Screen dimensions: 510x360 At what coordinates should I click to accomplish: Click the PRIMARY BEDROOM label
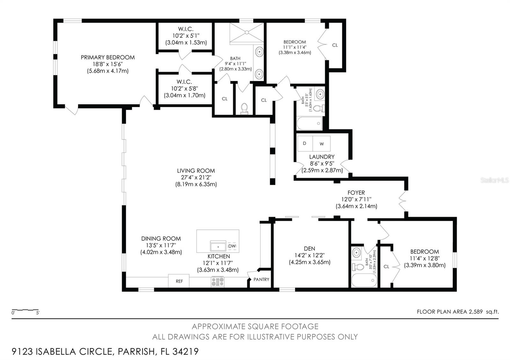pos(108,57)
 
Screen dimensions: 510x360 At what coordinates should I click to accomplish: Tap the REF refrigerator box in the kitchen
pos(179,281)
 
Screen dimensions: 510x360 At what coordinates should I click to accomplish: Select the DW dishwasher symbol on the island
pos(232,246)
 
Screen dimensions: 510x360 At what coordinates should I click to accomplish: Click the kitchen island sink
pos(218,246)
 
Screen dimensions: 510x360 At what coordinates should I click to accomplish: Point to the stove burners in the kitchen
pos(218,282)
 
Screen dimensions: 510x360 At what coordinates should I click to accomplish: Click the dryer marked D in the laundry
pos(305,143)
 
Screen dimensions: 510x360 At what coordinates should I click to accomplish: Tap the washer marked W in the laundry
pos(322,143)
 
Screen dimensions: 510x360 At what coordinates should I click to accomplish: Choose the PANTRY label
pos(261,279)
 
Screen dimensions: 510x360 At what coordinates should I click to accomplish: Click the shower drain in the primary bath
pos(247,32)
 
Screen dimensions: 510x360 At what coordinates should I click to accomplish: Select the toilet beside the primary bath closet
pos(244,108)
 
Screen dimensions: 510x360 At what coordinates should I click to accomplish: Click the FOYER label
pos(356,193)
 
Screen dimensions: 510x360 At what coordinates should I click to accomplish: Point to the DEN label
pos(310,248)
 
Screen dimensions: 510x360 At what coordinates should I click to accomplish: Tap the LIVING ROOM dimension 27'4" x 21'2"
pos(196,177)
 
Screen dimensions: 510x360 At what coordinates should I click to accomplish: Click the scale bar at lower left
pos(25,310)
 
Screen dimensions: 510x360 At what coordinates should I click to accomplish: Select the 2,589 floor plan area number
pos(475,312)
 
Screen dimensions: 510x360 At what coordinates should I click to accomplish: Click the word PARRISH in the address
pos(137,352)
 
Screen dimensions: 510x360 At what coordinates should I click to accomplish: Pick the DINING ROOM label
pos(161,239)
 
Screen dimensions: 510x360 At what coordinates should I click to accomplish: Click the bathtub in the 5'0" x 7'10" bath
pos(364,280)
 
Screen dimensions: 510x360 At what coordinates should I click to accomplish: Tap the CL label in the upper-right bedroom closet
pos(335,45)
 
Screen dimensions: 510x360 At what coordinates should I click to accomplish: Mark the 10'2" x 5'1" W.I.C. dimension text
pos(186,36)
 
